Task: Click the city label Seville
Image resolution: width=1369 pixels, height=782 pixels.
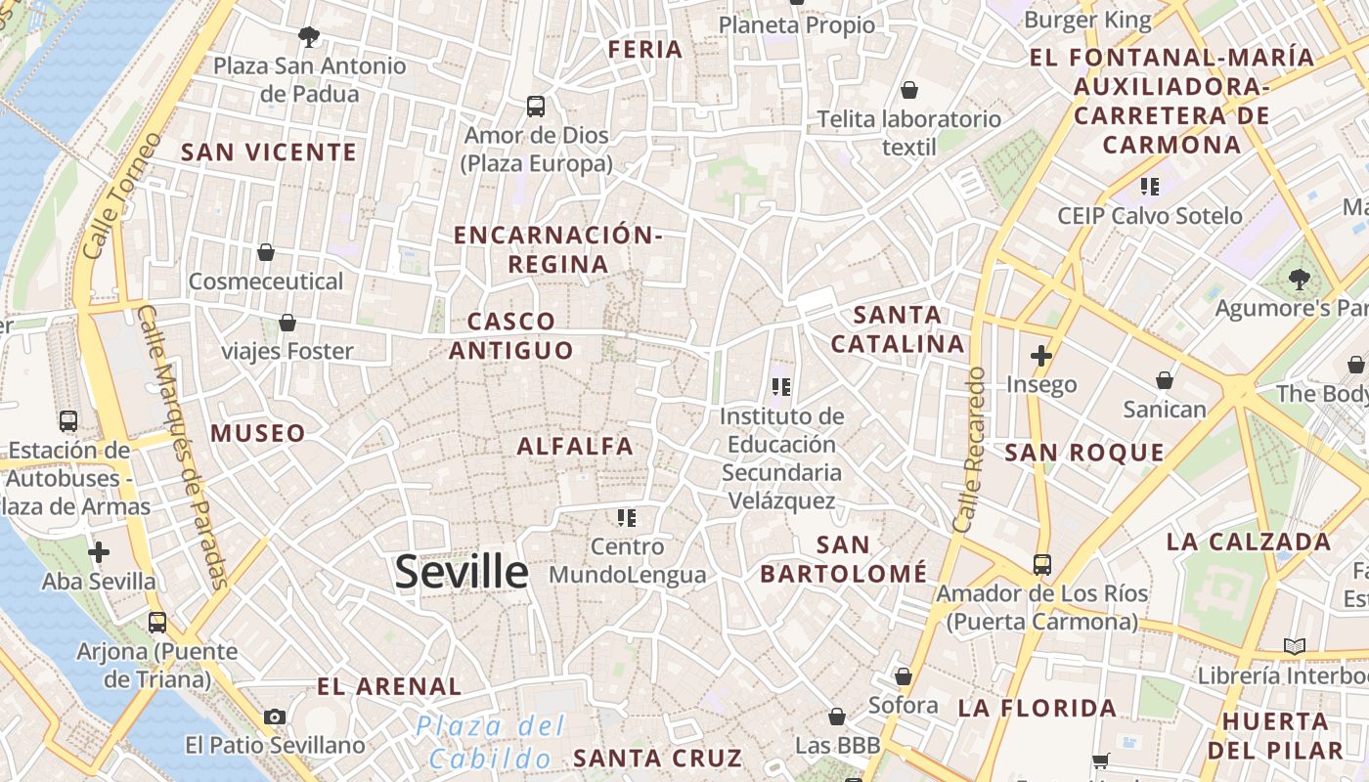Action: pyautogui.click(x=462, y=572)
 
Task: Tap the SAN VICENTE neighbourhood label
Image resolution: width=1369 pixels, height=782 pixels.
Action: pyautogui.click(x=269, y=152)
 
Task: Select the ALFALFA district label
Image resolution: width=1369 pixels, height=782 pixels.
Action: pyautogui.click(x=575, y=446)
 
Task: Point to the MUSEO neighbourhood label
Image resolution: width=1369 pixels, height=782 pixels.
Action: pyautogui.click(x=258, y=433)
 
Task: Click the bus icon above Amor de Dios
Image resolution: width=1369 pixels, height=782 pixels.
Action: pyautogui.click(x=535, y=107)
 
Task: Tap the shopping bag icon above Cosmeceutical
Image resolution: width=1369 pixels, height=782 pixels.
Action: pyautogui.click(x=265, y=252)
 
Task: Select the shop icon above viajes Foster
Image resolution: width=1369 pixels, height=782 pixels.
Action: pyautogui.click(x=287, y=322)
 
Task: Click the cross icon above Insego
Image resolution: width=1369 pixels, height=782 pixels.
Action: pyautogui.click(x=1041, y=356)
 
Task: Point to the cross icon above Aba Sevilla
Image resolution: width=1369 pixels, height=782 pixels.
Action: pyautogui.click(x=98, y=552)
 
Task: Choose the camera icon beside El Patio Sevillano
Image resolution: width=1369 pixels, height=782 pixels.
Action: pyautogui.click(x=275, y=717)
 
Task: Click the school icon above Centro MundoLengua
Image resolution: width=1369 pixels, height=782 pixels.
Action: pyautogui.click(x=627, y=517)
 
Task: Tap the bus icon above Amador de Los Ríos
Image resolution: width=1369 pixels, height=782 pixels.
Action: pyautogui.click(x=1041, y=564)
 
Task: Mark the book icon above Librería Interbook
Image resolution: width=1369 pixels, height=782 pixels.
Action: pyautogui.click(x=1294, y=646)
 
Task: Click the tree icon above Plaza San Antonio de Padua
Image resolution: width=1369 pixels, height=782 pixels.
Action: pyautogui.click(x=309, y=37)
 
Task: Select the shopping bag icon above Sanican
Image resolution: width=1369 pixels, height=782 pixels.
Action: pyautogui.click(x=1164, y=379)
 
